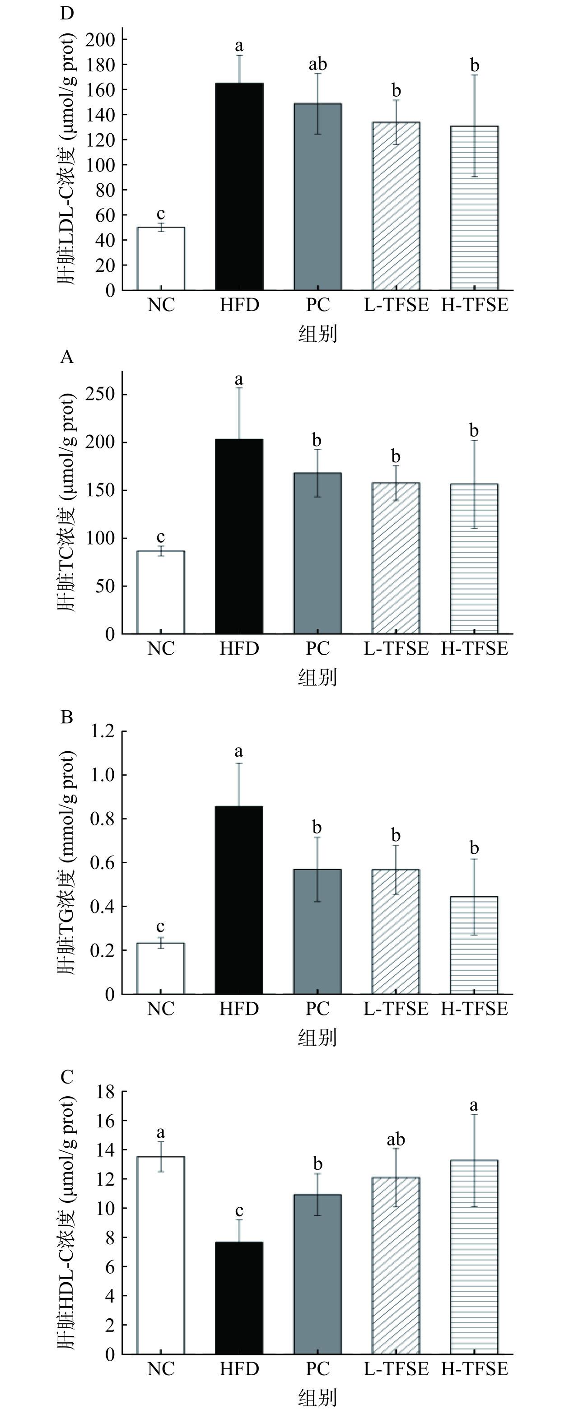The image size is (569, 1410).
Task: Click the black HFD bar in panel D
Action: (x=239, y=186)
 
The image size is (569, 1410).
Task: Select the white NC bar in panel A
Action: (x=160, y=592)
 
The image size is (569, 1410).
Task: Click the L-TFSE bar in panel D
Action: (x=396, y=206)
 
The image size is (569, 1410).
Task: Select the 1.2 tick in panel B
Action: (x=103, y=731)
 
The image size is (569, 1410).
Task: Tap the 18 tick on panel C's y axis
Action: (x=105, y=1092)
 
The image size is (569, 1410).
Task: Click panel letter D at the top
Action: (x=67, y=13)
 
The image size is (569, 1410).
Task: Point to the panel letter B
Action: (x=67, y=717)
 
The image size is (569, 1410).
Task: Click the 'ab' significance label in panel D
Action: (x=317, y=65)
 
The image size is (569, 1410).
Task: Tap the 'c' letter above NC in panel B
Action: (x=160, y=926)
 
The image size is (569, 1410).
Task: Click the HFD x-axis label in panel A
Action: (x=239, y=649)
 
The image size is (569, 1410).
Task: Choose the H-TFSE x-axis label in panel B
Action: (x=474, y=1009)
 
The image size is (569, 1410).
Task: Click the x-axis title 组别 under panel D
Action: (x=317, y=333)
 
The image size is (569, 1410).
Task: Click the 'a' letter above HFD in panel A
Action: (x=239, y=379)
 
